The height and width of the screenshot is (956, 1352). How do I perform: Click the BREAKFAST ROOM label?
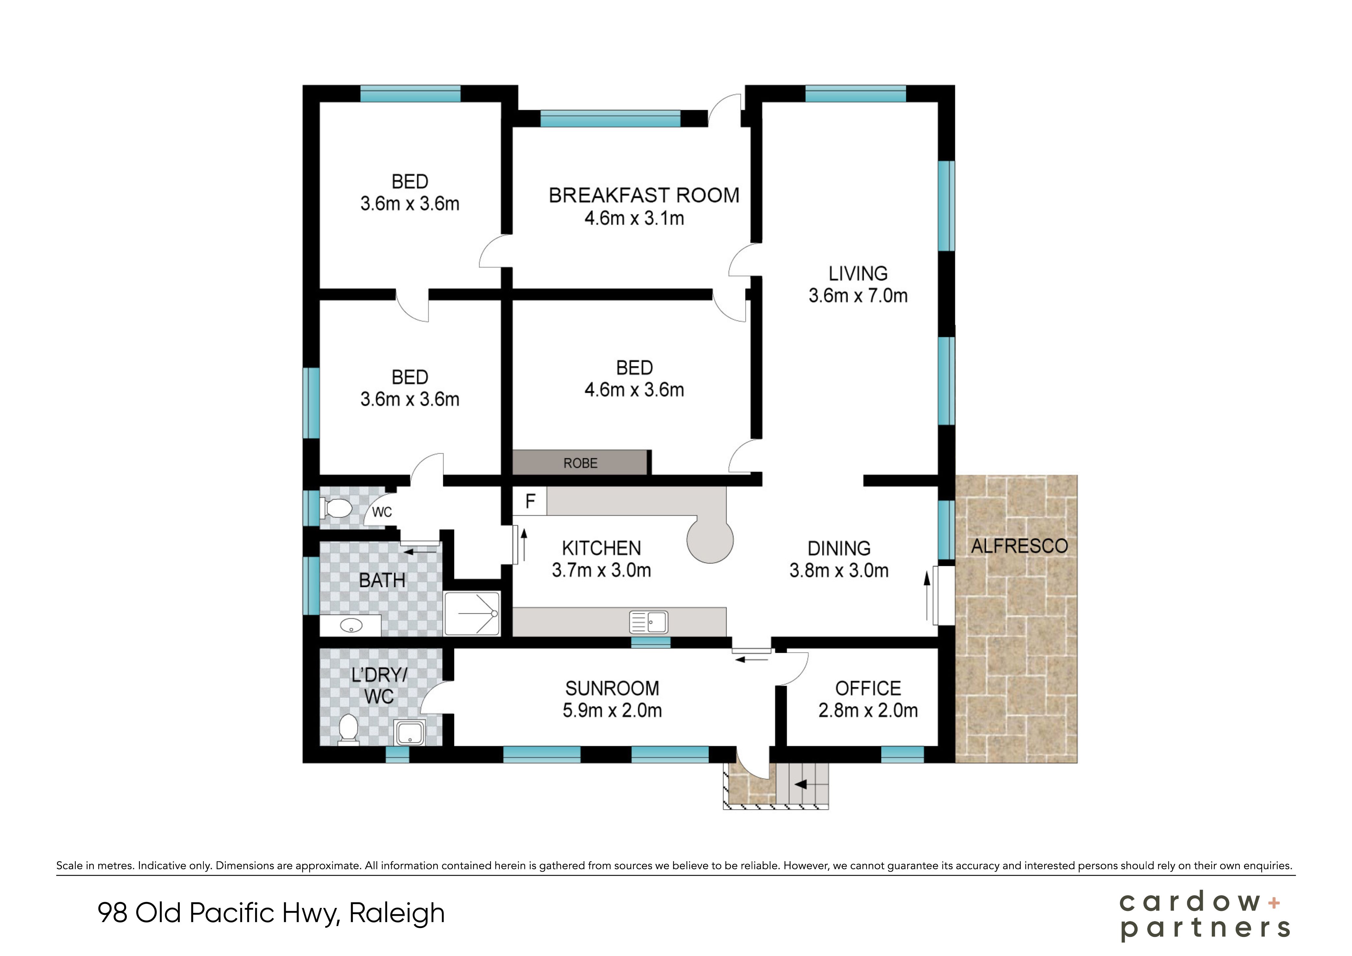[x=644, y=195]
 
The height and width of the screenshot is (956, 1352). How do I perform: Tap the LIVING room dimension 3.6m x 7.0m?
[x=858, y=296]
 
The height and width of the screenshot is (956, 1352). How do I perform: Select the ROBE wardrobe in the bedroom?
[x=581, y=463]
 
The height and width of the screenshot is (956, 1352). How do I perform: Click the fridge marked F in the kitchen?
[x=530, y=501]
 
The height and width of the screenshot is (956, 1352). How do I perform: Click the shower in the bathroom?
[x=472, y=613]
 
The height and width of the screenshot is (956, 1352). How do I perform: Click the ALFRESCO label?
[x=1019, y=546]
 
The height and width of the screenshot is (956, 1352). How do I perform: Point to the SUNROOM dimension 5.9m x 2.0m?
[x=612, y=710]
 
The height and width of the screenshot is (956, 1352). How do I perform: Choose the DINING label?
[x=839, y=549]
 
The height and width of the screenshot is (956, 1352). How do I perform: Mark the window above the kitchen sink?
[x=651, y=642]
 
